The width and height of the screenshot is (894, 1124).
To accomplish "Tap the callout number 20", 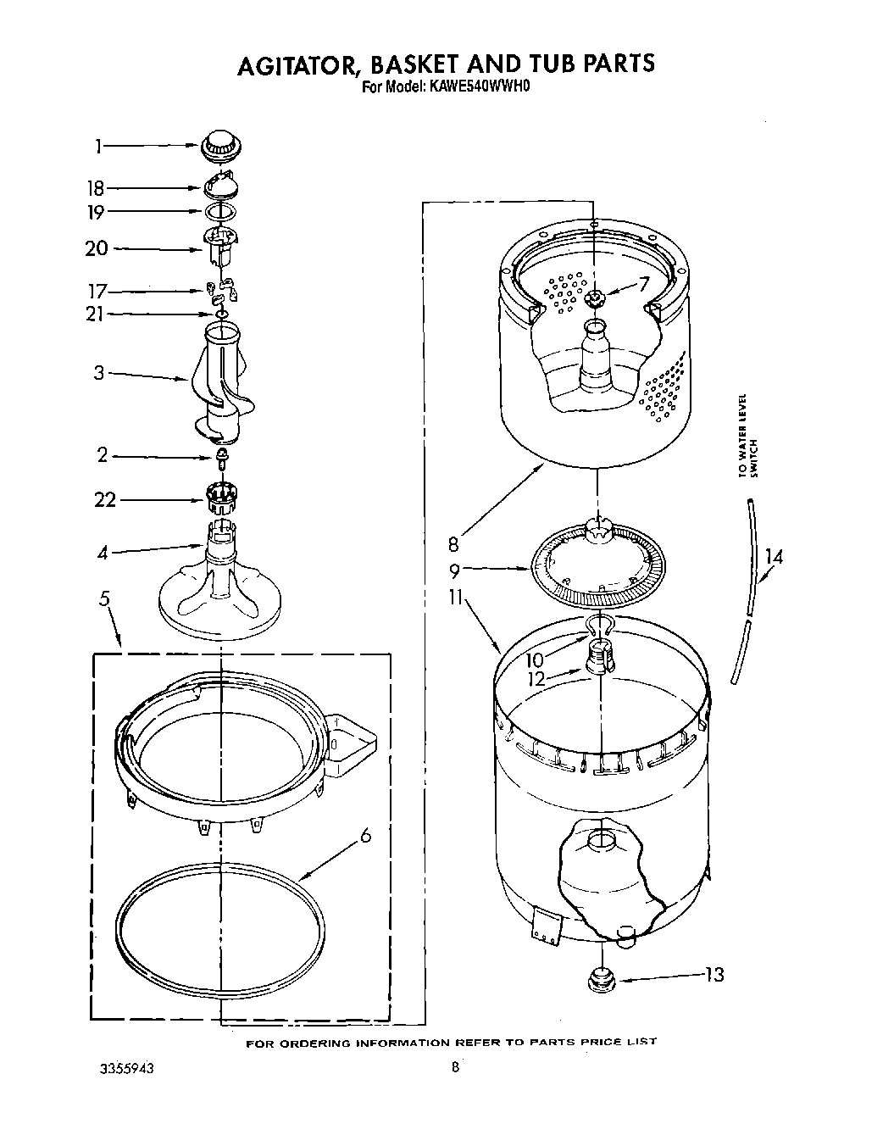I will (x=97, y=248).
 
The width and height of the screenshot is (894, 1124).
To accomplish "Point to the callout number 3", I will (x=99, y=372).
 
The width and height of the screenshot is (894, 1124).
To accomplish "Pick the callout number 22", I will (x=105, y=499).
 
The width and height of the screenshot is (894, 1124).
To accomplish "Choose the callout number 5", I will (x=104, y=599).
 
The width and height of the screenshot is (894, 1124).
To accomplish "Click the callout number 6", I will (x=365, y=836).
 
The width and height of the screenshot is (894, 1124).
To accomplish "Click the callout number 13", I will (x=714, y=975).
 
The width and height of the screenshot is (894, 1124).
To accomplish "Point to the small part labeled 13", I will (x=600, y=980).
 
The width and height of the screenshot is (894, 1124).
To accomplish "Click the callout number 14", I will (x=773, y=557).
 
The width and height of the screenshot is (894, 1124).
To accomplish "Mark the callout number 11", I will (x=455, y=598).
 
